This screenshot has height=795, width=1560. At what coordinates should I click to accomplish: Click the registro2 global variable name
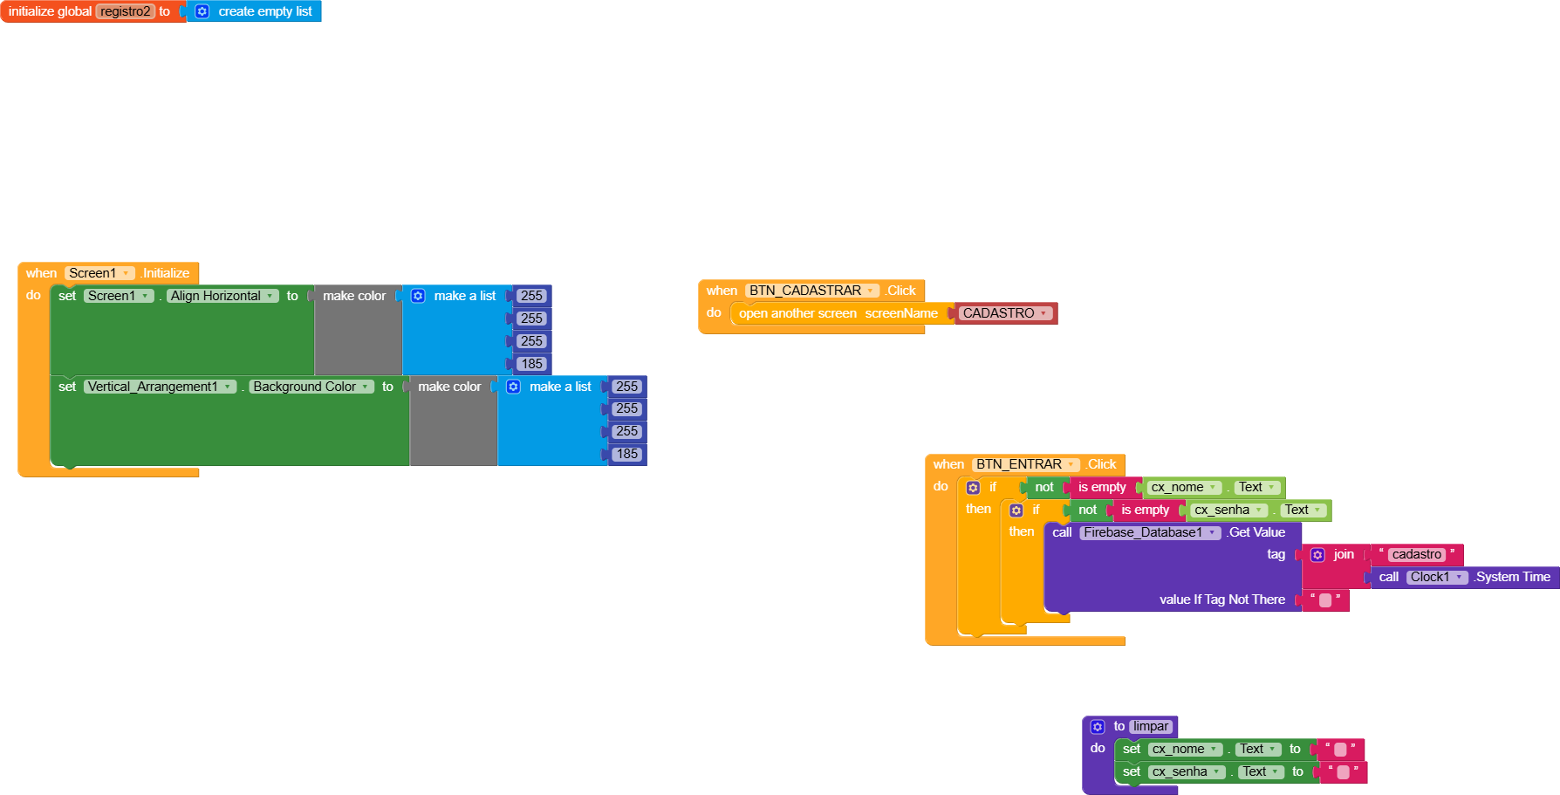point(125,11)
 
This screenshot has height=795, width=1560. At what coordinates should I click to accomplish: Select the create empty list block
point(264,11)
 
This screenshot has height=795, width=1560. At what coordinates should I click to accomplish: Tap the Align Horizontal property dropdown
point(222,296)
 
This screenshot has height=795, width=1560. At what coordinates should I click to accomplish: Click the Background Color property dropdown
point(311,387)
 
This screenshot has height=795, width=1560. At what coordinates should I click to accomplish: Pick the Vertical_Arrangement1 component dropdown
point(160,387)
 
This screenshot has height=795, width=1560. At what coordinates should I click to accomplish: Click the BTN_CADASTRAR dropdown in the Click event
point(812,291)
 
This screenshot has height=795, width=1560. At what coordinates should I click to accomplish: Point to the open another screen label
point(797,313)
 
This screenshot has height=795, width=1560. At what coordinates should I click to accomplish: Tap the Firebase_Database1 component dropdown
point(1149,532)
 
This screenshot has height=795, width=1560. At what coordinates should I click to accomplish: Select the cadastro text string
point(1416,554)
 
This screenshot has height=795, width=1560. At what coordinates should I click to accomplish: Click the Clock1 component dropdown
point(1436,577)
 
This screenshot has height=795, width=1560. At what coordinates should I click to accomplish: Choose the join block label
point(1344,554)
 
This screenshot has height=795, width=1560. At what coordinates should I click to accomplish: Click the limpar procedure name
point(1151,726)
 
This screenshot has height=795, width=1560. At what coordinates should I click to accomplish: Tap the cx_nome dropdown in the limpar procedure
point(1185,749)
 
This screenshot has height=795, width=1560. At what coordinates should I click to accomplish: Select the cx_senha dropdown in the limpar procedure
point(1186,771)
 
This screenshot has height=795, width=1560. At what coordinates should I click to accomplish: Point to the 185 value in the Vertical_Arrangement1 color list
point(626,454)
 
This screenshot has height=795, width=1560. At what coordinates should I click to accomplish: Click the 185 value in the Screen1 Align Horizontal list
point(531,364)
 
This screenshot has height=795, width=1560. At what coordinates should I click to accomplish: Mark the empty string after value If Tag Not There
point(1325,600)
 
